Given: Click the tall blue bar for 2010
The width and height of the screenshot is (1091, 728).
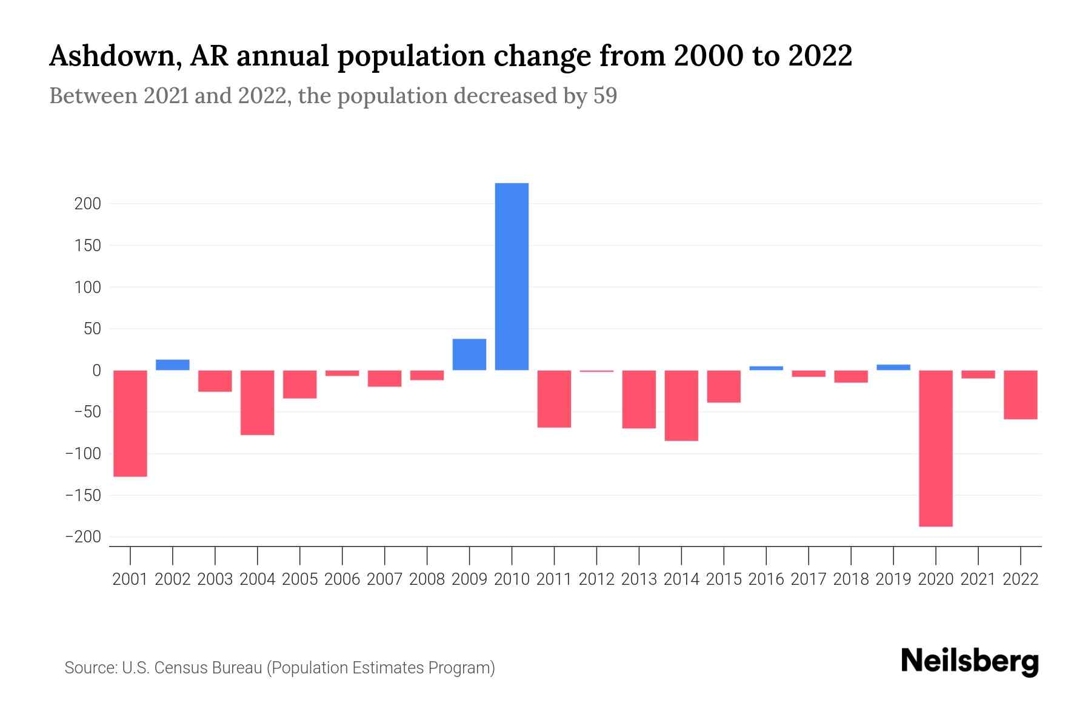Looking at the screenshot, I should tap(512, 277).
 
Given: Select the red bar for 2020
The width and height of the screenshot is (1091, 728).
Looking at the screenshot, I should tap(936, 448).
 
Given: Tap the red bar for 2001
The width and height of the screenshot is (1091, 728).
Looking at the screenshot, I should tap(130, 423).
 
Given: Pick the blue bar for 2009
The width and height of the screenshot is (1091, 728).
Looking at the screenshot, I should tap(469, 354).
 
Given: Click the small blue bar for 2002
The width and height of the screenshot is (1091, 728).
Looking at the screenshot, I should tap(173, 365).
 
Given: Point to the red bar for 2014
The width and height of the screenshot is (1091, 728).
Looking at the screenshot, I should tap(681, 405).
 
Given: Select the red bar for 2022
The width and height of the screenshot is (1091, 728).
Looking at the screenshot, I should tap(1021, 394).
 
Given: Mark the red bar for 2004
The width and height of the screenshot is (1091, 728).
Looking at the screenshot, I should tap(258, 402).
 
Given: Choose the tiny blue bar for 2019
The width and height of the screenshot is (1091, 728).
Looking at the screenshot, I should tap(893, 367).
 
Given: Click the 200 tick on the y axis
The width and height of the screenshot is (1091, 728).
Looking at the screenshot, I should tap(88, 204).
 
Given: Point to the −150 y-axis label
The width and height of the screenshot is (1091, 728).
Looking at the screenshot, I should tap(84, 496).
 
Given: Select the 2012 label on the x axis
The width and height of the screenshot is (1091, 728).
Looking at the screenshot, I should tap(596, 579).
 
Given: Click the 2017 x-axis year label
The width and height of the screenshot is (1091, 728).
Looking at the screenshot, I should tap(809, 579).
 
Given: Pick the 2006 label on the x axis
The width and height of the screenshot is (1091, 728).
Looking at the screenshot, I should tap(342, 579).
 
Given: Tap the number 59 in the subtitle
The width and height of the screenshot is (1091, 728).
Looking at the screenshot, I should tap(605, 96).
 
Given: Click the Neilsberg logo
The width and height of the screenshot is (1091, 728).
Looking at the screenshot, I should tap(970, 661).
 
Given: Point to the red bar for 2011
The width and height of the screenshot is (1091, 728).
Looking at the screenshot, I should tap(554, 399).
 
